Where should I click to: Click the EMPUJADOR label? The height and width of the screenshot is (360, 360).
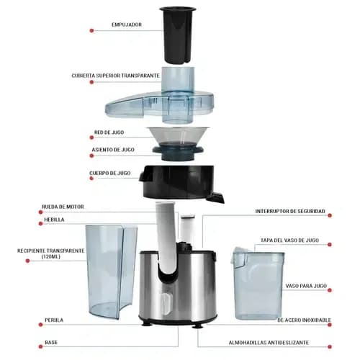tap(127, 24)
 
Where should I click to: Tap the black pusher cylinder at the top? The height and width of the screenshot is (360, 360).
tap(178, 35)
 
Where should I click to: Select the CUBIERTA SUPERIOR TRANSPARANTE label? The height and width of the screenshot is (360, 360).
tap(115, 76)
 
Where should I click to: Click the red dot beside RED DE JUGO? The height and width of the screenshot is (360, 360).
tap(91, 138)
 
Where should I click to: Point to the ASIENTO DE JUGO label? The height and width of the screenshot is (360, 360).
tap(113, 150)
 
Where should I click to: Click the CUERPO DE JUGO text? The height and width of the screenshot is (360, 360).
tap(110, 173)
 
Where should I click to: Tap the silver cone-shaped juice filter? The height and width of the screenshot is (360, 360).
tap(178, 136)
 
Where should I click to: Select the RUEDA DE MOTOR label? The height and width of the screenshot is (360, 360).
tap(63, 207)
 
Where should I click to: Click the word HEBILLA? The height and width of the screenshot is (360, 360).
tap(54, 220)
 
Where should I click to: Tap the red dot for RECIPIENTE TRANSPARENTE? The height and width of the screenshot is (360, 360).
tap(27, 261)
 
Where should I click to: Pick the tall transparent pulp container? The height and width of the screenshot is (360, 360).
tap(112, 271)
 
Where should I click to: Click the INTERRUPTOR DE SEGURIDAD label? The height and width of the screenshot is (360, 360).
tap(290, 211)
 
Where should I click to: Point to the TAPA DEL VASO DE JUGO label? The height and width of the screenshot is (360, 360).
tap(289, 240)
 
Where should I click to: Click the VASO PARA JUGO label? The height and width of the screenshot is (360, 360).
tap(306, 286)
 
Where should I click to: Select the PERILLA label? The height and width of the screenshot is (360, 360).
tap(54, 320)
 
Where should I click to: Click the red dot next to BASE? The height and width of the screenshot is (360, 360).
tap(40, 346)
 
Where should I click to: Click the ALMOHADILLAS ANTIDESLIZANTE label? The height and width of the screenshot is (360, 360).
tap(269, 343)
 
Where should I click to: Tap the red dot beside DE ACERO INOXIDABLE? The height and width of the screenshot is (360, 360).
tap(330, 325)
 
